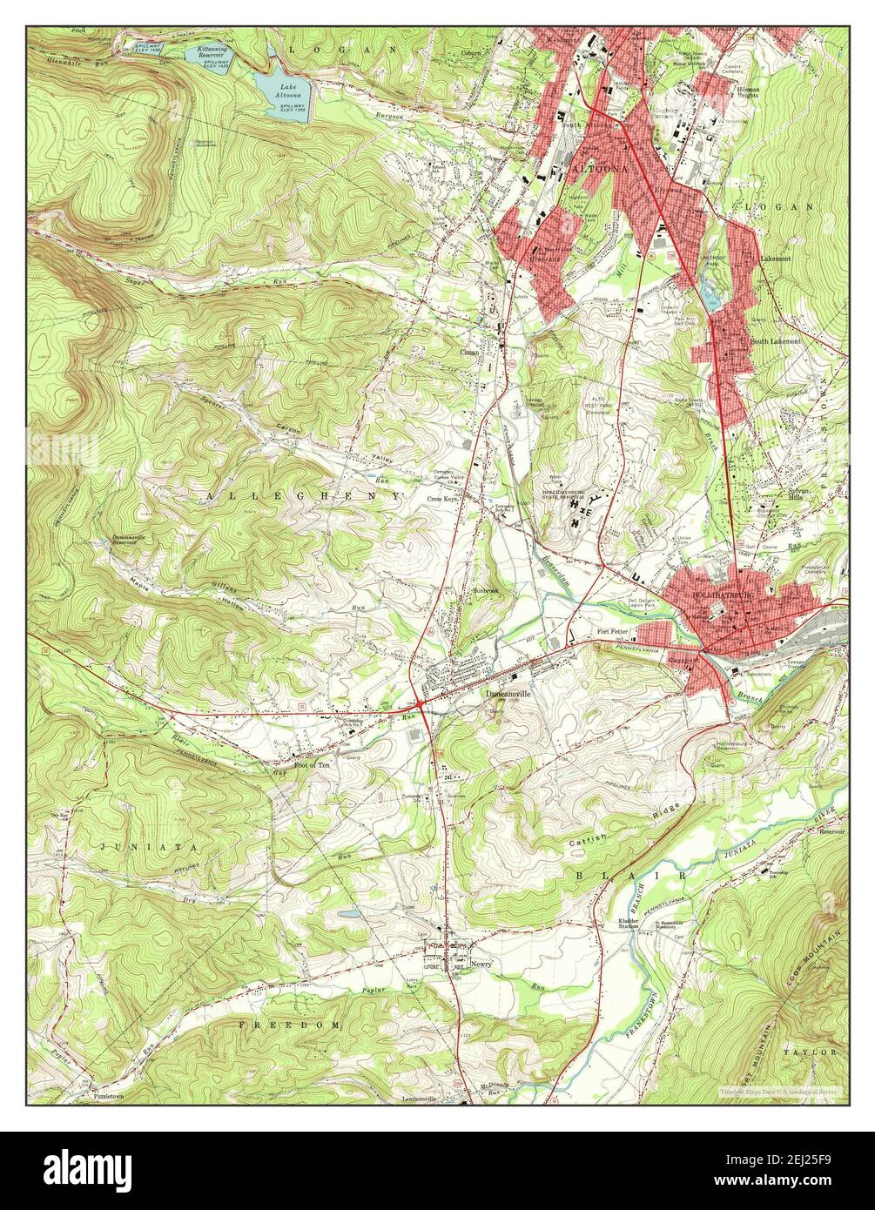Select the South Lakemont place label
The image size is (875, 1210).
tap(774, 341)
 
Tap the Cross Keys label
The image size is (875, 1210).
tap(442, 499)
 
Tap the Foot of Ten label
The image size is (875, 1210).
tap(312, 763)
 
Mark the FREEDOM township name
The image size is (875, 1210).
tap(290, 1025)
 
